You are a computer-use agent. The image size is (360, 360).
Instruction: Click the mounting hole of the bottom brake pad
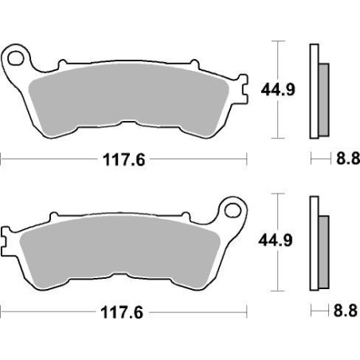point(234,211)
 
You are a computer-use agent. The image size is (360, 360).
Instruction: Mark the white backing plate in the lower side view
point(313,239)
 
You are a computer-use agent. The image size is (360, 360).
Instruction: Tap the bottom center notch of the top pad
point(127,121)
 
